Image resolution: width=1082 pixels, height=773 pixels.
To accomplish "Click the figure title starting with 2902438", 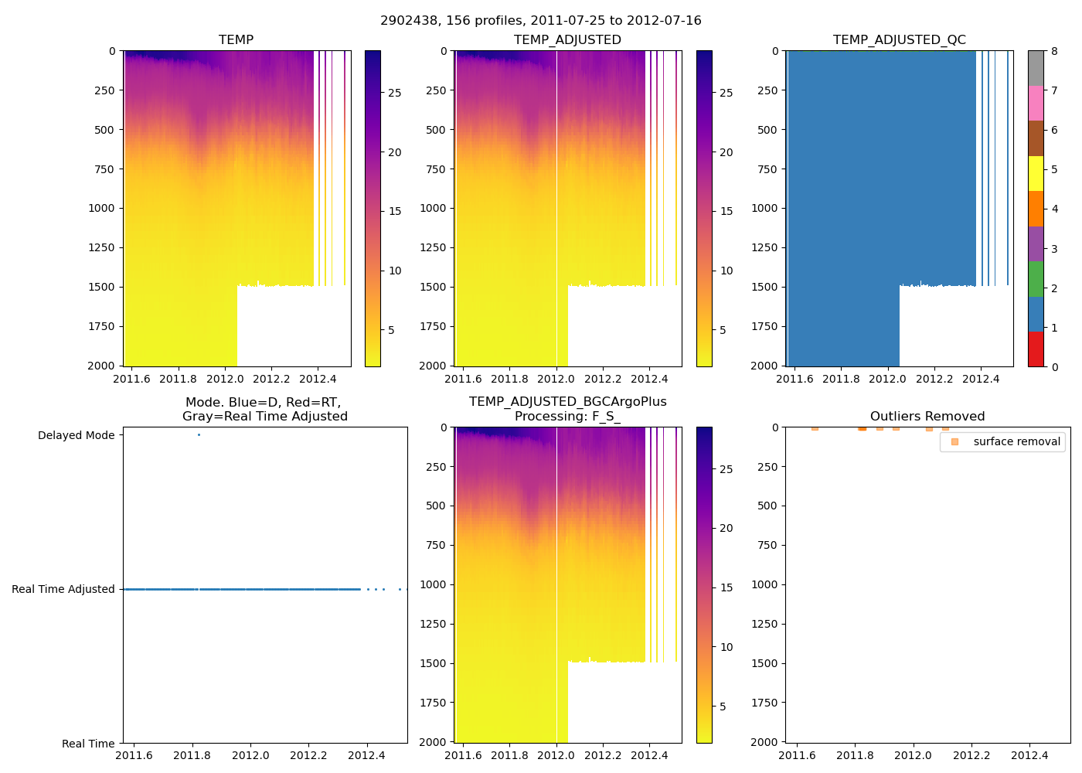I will tap(540, 21).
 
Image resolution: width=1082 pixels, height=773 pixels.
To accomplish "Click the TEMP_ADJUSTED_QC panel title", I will tap(899, 40).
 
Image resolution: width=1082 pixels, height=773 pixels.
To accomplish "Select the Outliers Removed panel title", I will tap(927, 417).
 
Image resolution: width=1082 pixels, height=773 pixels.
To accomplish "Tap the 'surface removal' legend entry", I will tap(1016, 442).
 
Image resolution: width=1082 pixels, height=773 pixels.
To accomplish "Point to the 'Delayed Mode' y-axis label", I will tap(76, 436).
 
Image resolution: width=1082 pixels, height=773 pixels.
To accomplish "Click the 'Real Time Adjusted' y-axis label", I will tap(63, 590).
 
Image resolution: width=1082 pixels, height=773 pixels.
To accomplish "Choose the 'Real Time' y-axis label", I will tap(88, 744).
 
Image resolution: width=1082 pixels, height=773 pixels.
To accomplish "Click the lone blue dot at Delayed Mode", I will tap(199, 435).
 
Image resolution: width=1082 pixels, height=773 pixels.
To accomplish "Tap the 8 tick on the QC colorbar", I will tap(1054, 52).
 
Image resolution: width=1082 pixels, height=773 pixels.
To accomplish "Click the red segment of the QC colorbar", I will tap(1036, 349).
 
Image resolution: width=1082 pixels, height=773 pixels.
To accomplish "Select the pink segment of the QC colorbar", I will tap(1036, 103).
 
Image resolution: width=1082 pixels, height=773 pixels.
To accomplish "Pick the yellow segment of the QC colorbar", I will tap(1036, 173).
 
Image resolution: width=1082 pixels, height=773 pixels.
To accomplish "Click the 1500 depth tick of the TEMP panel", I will tap(101, 287).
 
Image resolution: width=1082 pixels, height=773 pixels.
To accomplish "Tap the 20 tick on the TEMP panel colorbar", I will tap(395, 153).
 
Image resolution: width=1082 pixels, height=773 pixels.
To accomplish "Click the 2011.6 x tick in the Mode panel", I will tap(134, 755).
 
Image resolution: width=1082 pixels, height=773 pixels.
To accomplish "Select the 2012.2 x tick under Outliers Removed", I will tap(971, 755).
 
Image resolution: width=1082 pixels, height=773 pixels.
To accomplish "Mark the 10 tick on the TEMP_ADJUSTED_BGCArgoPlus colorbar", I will tap(726, 648).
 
